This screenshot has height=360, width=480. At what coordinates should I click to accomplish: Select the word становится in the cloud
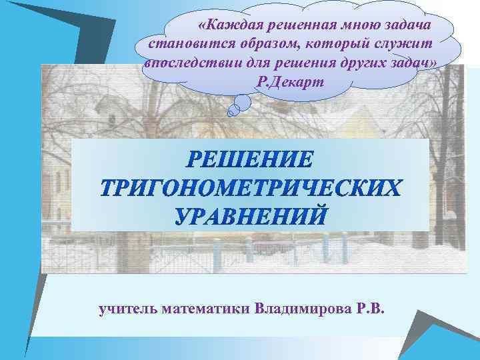(x=182, y=45)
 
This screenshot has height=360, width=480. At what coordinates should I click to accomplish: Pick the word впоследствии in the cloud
(x=189, y=63)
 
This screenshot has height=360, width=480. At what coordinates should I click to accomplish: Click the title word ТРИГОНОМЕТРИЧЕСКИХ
(x=251, y=188)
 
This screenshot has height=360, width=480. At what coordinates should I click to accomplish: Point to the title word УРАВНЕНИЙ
(x=251, y=215)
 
